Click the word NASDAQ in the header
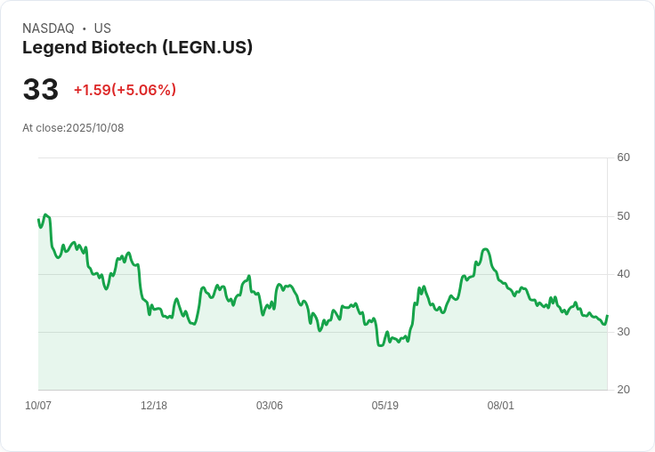48,28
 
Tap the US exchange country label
102,28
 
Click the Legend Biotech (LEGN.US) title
137,47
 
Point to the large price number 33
41,90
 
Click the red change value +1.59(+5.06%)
125,90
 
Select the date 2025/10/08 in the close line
95,128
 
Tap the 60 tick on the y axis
623,157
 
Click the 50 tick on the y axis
623,216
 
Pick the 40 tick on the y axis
623,274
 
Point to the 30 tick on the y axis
623,332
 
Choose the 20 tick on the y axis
623,390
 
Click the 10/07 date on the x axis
38,406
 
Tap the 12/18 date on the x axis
154,406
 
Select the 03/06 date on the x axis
270,406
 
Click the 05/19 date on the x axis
385,406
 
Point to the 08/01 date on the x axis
501,406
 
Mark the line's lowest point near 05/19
381,345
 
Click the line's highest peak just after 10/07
45,214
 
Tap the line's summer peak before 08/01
485,249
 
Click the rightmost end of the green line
607,316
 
